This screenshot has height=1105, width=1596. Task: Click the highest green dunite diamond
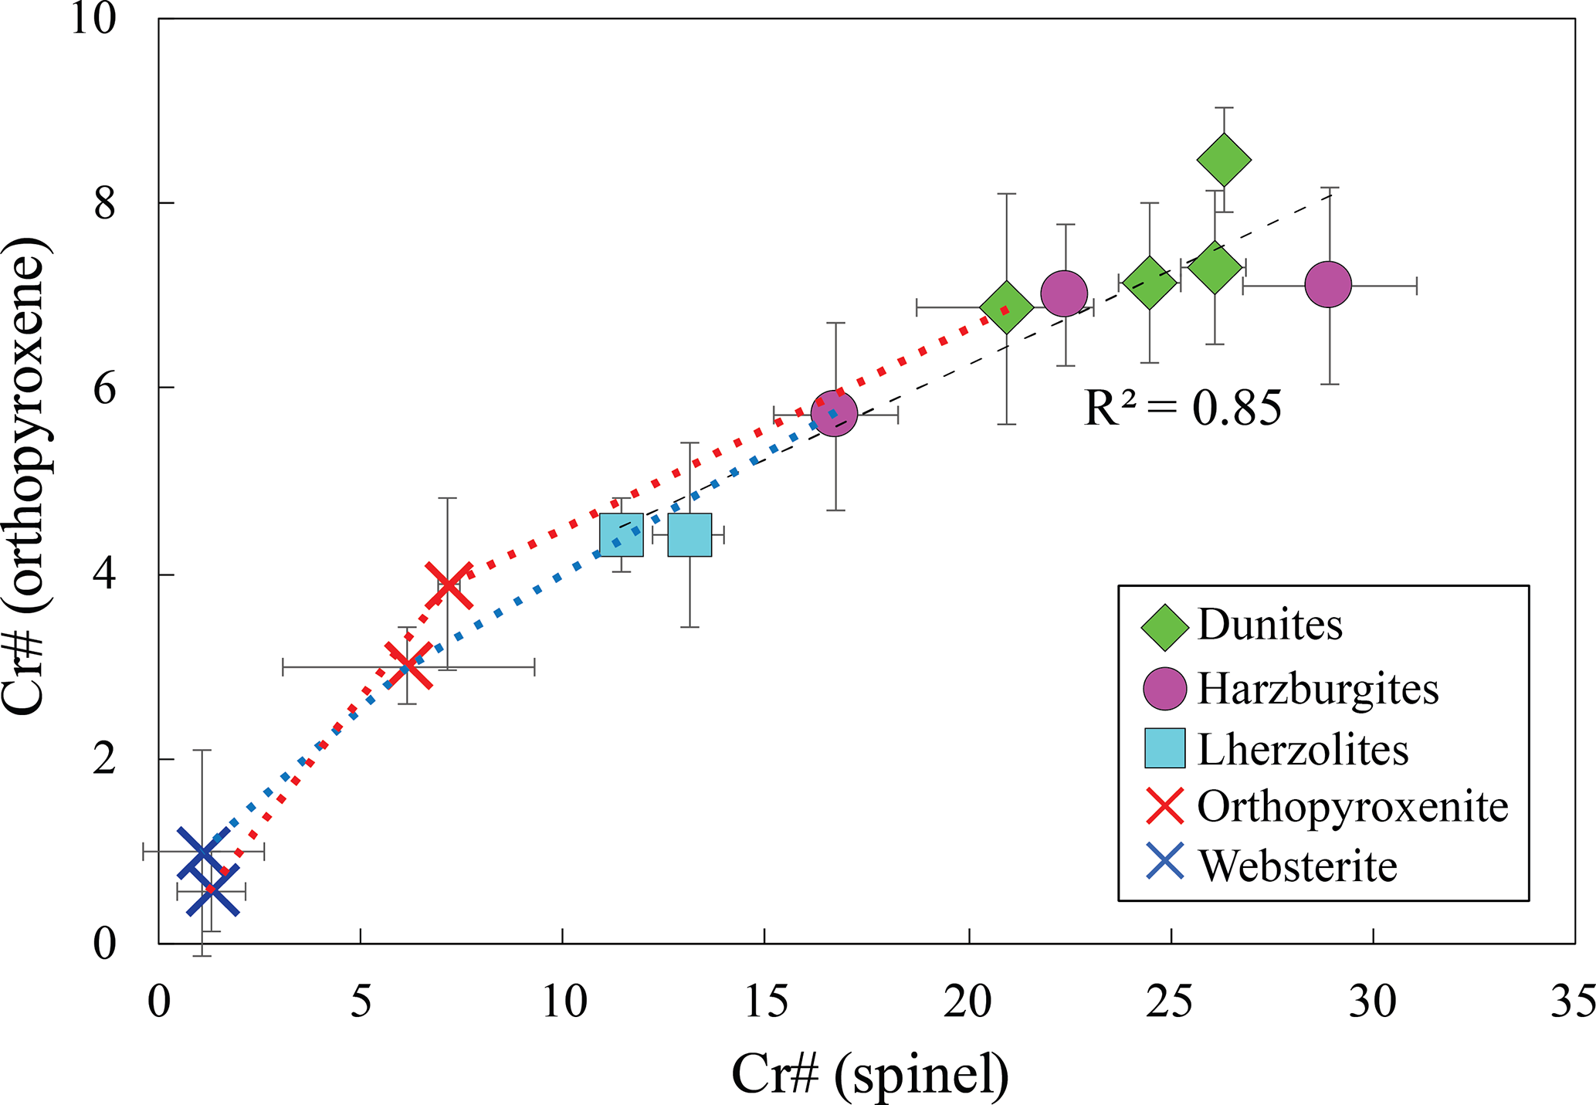pyautogui.click(x=1224, y=160)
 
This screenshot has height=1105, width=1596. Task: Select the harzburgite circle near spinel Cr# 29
pyautogui.click(x=1328, y=285)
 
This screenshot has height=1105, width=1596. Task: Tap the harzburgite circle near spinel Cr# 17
pyautogui.click(x=834, y=414)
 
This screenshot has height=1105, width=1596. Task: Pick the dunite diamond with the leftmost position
pyautogui.click(x=1006, y=307)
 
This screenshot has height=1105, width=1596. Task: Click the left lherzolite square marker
pyautogui.click(x=622, y=534)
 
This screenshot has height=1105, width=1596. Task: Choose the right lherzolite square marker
pyautogui.click(x=690, y=534)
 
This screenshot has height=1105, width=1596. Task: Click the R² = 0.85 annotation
pyautogui.click(x=1182, y=408)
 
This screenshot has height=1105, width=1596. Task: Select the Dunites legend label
pyautogui.click(x=1269, y=625)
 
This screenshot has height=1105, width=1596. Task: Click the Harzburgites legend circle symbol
pyautogui.click(x=1164, y=689)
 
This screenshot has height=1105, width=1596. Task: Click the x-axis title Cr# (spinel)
pyautogui.click(x=870, y=1074)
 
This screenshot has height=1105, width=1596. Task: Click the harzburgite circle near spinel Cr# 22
pyautogui.click(x=1064, y=293)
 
